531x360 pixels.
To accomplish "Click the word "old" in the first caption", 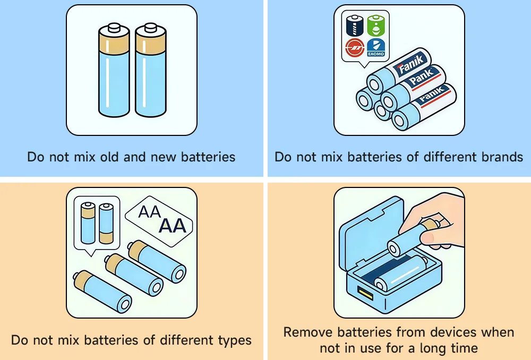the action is tap(109, 157).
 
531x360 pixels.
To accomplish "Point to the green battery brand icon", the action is tap(376, 25).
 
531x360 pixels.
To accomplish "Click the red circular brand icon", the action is tap(355, 48).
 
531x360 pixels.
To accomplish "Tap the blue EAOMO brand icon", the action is tap(376, 48).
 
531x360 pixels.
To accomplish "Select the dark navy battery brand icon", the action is tap(355, 25).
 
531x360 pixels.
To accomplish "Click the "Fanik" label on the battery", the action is tap(410, 64).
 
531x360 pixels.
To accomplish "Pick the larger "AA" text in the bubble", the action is tap(173, 226).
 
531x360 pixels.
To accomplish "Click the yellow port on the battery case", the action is tap(365, 293).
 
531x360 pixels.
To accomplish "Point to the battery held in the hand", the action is tap(411, 238).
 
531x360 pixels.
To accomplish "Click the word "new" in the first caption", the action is tap(163, 157).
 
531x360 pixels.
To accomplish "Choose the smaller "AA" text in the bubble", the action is tap(149, 212).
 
